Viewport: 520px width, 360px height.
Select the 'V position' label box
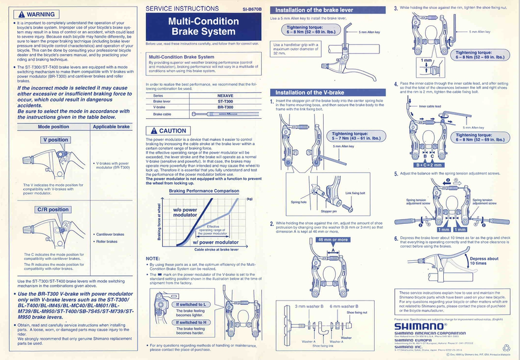pos(55,139)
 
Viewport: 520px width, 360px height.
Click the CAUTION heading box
pos(169,130)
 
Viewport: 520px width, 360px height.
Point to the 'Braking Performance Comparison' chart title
pos(204,190)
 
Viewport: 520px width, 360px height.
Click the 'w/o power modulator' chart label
pos(186,212)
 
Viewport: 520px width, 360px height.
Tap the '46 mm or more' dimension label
pos(332,239)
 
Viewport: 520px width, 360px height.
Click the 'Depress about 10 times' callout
pos(484,261)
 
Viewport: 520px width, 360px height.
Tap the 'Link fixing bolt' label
pos(355,193)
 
